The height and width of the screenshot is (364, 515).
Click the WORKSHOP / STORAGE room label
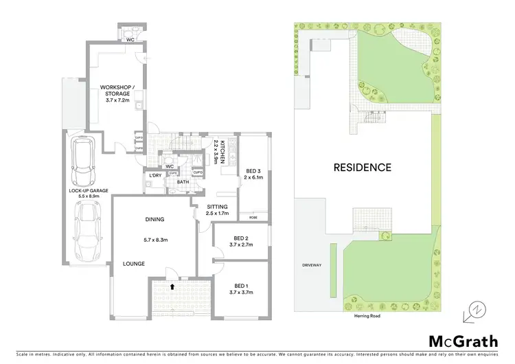[118, 91]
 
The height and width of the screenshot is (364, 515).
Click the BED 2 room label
[241, 242]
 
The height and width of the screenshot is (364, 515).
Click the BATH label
[183, 182]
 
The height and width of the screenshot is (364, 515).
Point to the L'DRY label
[155, 176]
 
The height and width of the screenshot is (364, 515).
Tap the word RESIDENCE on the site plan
[363, 167]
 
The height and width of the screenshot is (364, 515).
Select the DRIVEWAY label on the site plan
[312, 264]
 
